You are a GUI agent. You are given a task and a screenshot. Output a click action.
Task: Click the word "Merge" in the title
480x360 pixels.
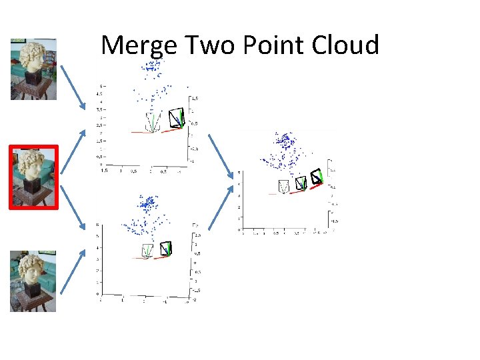coord(139,46)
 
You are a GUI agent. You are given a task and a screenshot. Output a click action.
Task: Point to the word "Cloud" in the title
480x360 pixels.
coord(347,45)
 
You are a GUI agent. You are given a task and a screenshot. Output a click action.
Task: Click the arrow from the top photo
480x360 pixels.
coord(73,85)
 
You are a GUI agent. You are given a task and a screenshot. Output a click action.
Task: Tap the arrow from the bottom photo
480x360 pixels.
coord(73,270)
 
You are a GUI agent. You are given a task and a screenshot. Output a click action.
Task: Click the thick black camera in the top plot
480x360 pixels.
coord(177,118)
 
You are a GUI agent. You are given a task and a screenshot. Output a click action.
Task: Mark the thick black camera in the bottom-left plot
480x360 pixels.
coord(165,249)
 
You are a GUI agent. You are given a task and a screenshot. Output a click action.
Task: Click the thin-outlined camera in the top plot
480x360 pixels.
coord(153,122)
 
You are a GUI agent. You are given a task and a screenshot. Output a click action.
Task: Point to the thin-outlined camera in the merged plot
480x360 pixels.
coord(285,186)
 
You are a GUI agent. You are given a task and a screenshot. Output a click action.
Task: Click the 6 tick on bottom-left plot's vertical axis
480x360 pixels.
coord(99,225)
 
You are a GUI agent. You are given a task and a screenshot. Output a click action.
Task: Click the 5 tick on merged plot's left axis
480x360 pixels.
coord(239,173)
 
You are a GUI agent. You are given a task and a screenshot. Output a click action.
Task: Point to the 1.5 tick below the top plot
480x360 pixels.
coord(104,170)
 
